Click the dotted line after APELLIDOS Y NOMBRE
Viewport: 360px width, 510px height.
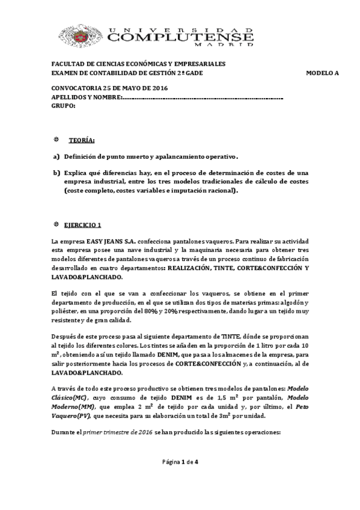[204, 97]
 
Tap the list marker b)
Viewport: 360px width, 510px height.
[56, 173]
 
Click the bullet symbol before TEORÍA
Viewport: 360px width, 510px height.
[56, 140]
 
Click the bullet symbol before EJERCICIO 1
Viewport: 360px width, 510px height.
[56, 224]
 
